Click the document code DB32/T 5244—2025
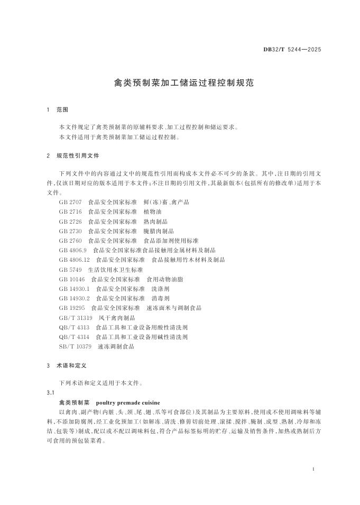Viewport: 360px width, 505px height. (292, 50)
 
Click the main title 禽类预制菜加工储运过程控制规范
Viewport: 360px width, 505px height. (180, 83)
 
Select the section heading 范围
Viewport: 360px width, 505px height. (62, 110)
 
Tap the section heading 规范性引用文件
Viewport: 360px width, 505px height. (77, 156)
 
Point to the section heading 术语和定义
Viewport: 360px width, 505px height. (71, 365)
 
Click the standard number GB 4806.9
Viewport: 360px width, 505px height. (73, 250)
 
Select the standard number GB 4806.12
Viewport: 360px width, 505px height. (75, 260)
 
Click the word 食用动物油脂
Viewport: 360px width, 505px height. (164, 279)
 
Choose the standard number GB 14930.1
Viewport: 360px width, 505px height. (75, 289)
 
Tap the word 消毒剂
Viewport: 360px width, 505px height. (160, 298)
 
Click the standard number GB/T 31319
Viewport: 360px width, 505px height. (76, 317)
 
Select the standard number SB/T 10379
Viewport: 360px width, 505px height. (76, 346)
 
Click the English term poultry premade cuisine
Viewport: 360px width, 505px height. (128, 402)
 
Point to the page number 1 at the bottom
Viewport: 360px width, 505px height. (314, 469)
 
